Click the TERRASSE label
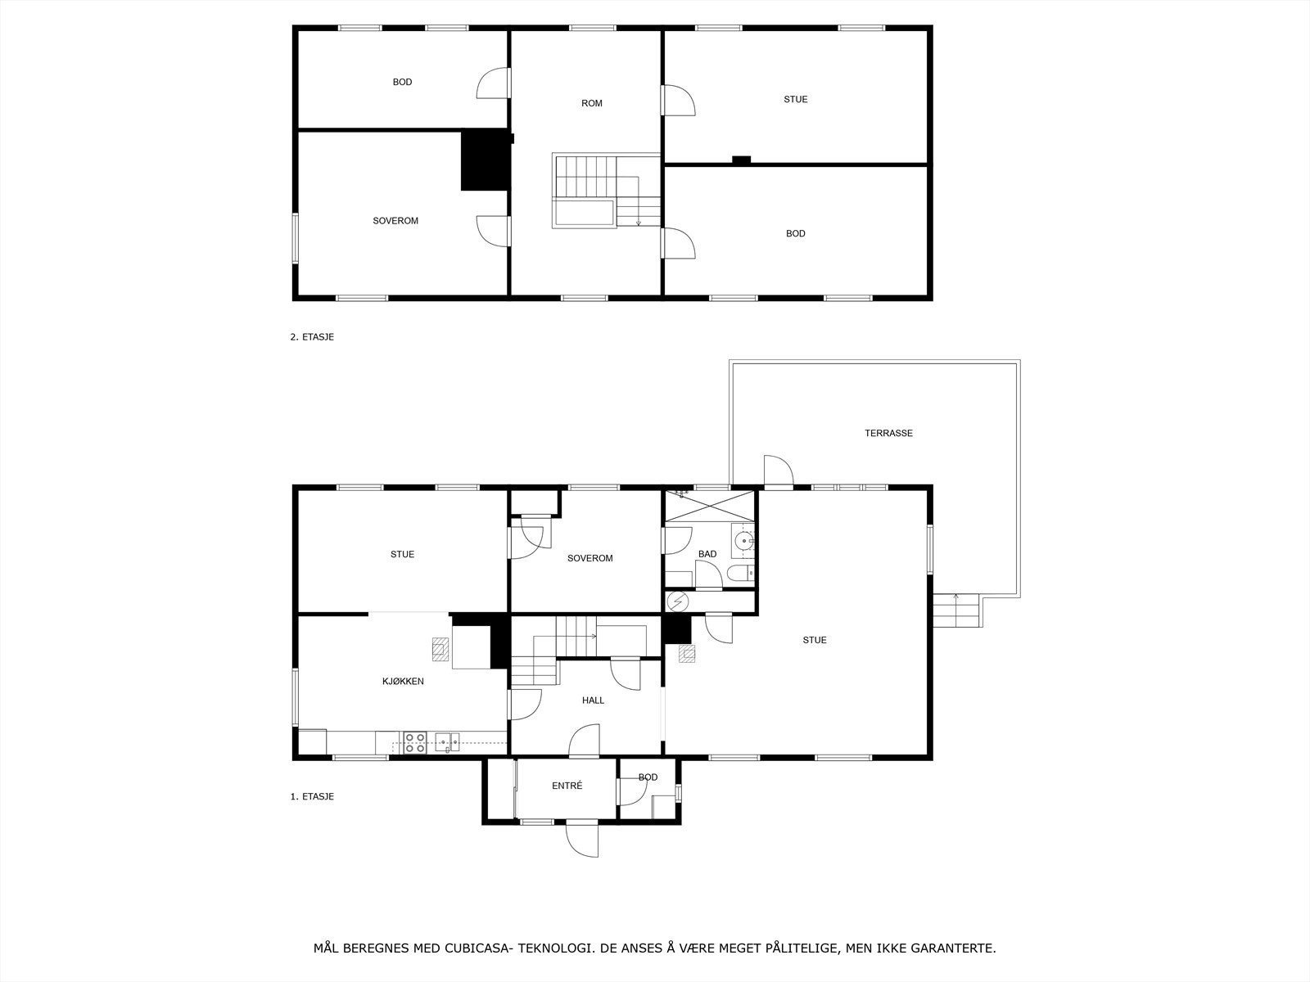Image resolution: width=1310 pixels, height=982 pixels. pyautogui.click(x=888, y=433)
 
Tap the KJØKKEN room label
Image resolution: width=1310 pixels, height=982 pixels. pyautogui.click(x=403, y=681)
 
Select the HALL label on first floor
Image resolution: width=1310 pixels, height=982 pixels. pyautogui.click(x=593, y=700)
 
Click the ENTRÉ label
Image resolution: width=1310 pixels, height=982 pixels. pyautogui.click(x=567, y=786)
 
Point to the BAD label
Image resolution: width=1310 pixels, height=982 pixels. pyautogui.click(x=707, y=554)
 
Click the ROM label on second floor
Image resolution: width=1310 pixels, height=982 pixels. pyautogui.click(x=591, y=103)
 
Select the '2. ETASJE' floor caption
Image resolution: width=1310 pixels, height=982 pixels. pyautogui.click(x=312, y=336)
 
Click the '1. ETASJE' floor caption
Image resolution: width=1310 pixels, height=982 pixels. pyautogui.click(x=312, y=796)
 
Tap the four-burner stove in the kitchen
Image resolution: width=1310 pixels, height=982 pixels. pyautogui.click(x=415, y=742)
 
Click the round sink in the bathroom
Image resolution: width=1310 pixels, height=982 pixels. pyautogui.click(x=743, y=540)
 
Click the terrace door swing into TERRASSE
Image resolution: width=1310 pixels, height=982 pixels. pyautogui.click(x=778, y=471)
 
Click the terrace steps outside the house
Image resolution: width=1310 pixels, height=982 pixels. pyautogui.click(x=956, y=610)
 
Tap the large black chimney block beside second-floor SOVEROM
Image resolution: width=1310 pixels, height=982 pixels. pyautogui.click(x=485, y=160)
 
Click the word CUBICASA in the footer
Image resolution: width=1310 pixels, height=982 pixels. pyautogui.click(x=478, y=948)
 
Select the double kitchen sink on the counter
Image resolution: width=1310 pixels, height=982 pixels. pyautogui.click(x=447, y=741)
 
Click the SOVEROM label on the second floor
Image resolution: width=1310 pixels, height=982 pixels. pyautogui.click(x=395, y=221)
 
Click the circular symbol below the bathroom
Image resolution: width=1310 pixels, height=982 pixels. pyautogui.click(x=677, y=601)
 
